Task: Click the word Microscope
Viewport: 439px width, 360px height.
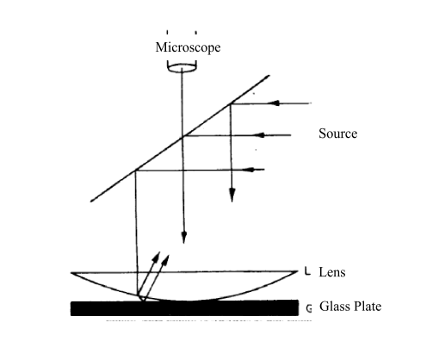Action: click(x=188, y=47)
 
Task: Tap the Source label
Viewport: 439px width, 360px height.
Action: click(x=338, y=133)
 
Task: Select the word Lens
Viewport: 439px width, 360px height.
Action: click(x=332, y=272)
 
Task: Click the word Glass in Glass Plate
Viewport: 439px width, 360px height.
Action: click(x=334, y=307)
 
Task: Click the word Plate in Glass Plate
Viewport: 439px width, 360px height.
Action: click(x=367, y=307)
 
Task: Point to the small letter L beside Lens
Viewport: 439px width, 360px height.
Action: click(x=307, y=271)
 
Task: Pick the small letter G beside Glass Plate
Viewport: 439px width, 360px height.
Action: click(x=309, y=308)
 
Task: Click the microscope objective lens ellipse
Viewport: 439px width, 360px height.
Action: click(x=182, y=68)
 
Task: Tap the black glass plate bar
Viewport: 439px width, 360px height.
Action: click(x=184, y=308)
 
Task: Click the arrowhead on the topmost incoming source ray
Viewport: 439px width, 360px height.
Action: click(x=274, y=103)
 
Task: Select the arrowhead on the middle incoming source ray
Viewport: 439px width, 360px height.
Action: click(x=260, y=135)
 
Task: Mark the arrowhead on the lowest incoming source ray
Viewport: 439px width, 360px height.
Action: click(x=249, y=170)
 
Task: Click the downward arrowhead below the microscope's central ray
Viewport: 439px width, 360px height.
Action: click(x=184, y=237)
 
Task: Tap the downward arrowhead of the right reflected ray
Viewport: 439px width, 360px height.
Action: click(x=232, y=195)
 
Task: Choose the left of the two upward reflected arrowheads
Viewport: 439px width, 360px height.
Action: click(x=156, y=257)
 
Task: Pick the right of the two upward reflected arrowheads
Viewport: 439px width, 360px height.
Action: click(x=165, y=260)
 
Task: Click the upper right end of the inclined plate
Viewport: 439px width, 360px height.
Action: click(x=269, y=76)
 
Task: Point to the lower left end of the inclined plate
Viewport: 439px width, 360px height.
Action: click(x=91, y=202)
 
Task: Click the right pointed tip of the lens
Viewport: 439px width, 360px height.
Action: click(x=298, y=271)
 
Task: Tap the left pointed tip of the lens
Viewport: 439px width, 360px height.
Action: click(x=71, y=273)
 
